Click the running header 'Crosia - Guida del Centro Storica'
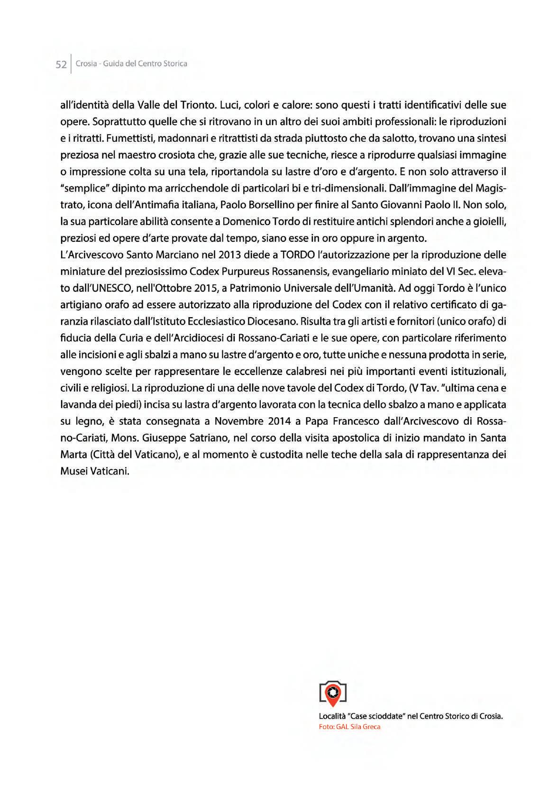pos(131,64)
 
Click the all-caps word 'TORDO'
pos(297,255)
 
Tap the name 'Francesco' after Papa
pos(351,421)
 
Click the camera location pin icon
pos(333,693)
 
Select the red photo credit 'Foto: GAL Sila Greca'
pos(349,727)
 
